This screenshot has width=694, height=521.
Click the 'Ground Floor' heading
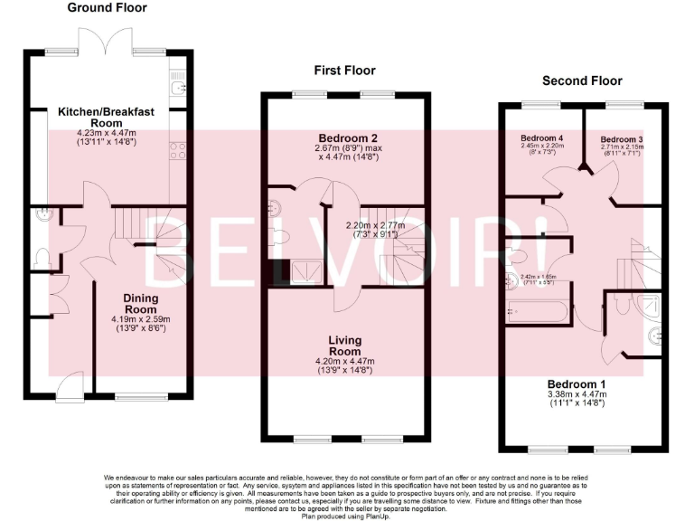click(108, 8)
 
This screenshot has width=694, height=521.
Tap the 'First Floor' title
click(344, 70)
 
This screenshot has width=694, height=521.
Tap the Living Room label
click(344, 346)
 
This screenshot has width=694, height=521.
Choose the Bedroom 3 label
click(623, 138)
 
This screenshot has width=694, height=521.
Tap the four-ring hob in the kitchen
click(177, 151)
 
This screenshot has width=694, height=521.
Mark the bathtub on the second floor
click(539, 314)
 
